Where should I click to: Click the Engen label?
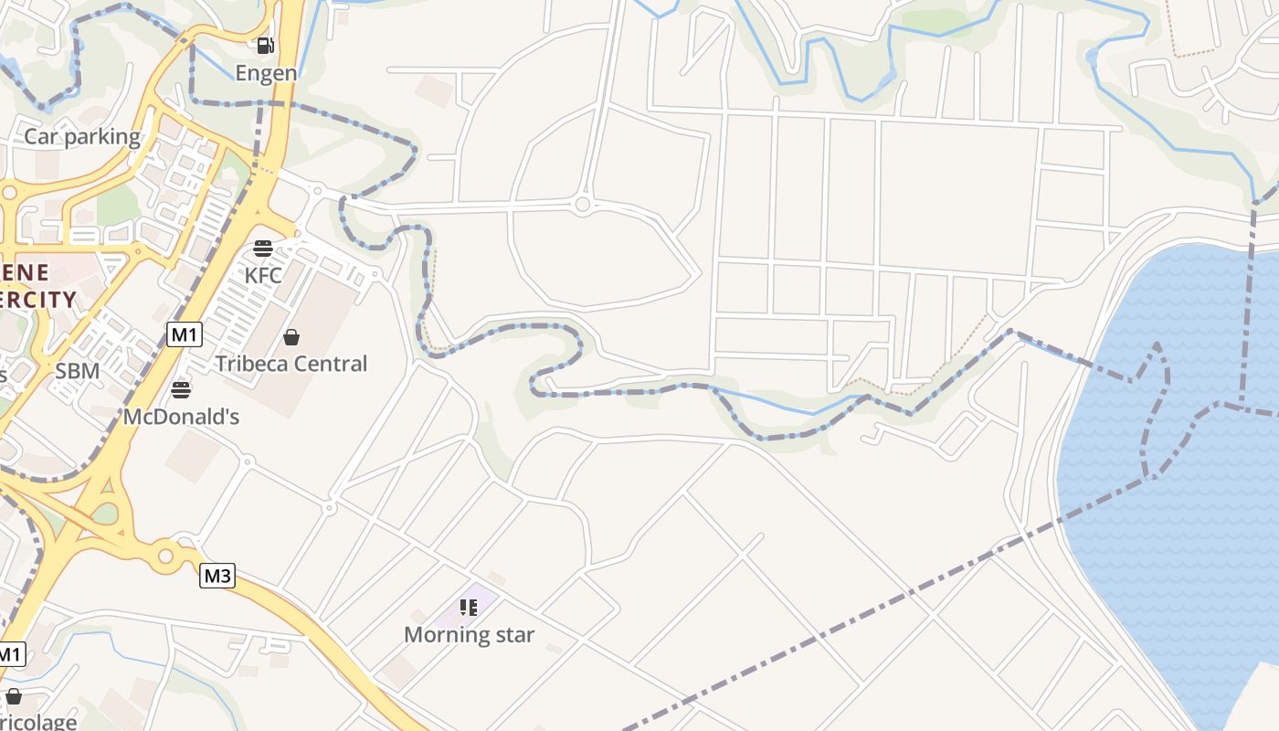266,73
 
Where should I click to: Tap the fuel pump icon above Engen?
265,45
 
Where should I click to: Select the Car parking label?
82,137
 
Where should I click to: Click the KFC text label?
263,275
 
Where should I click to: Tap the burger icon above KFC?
263,248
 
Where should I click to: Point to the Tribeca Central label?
291,364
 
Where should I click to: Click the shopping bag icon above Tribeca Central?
291,337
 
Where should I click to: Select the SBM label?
78,371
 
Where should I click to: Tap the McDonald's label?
181,418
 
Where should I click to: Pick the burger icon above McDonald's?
181,390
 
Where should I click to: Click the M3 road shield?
217,576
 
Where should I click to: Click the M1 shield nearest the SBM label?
185,334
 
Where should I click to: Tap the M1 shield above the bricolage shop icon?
10,654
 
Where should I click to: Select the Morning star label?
469,635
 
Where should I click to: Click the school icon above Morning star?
469,608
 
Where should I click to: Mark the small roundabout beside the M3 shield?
165,555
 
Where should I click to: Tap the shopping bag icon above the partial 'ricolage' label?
13,696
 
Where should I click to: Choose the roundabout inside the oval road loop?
583,204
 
